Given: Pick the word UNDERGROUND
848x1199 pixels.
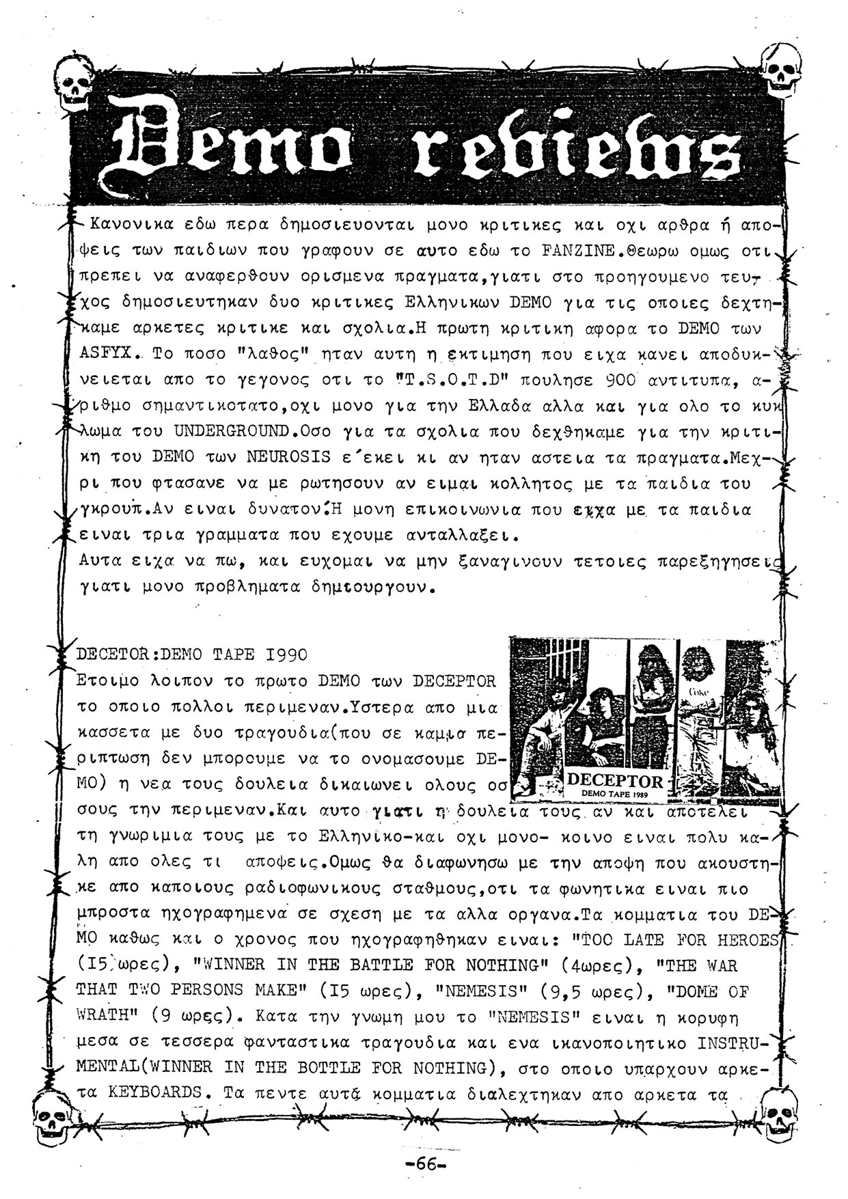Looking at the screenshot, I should (x=231, y=432).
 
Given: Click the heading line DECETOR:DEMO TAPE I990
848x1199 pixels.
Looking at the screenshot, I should (x=192, y=654).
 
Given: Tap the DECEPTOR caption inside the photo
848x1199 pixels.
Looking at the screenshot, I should (x=615, y=780).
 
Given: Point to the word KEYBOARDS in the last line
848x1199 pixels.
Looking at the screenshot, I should (x=154, y=1092).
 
